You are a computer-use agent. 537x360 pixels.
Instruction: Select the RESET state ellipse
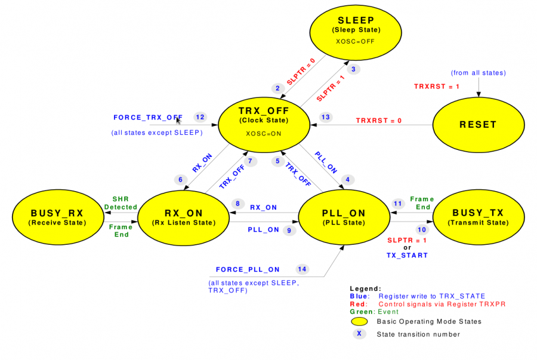pos(477,125)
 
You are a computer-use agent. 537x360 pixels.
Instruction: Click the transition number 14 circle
pos(303,269)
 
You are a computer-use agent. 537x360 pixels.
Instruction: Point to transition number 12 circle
pos(200,117)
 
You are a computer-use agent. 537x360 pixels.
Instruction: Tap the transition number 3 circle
pos(353,69)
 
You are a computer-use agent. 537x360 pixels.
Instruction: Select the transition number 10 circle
pos(422,229)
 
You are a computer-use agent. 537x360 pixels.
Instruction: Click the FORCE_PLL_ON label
pos(248,269)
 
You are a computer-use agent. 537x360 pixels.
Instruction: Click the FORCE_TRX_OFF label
pos(148,117)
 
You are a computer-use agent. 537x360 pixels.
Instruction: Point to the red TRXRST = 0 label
pos(379,120)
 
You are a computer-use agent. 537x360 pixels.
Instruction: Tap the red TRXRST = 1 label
pos(437,87)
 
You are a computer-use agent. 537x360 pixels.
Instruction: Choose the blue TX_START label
pos(407,255)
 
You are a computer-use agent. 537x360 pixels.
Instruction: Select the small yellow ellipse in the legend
pos(359,321)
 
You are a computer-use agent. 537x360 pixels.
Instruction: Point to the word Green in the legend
pos(360,311)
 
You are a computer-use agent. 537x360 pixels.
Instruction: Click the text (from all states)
pos(479,73)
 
